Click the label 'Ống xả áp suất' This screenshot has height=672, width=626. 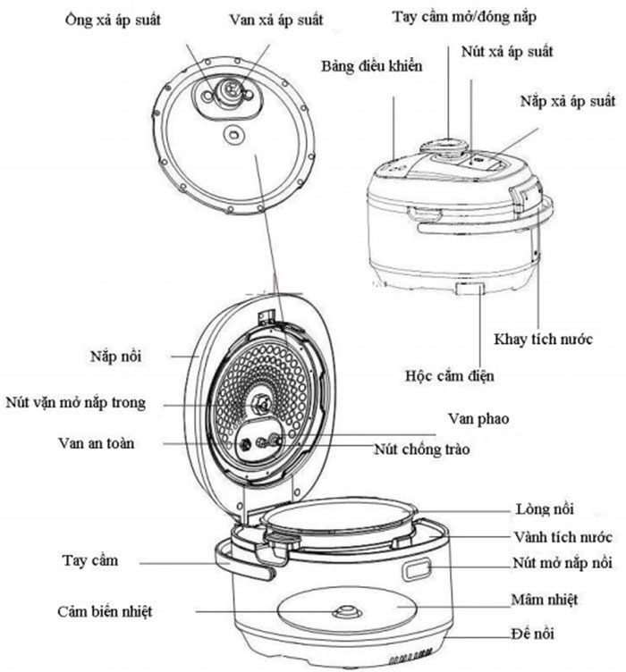coord(113,20)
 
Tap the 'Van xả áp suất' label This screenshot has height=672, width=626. coord(276,20)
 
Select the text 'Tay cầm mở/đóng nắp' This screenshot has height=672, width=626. coord(464,16)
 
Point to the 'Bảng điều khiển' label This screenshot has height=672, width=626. coord(372,65)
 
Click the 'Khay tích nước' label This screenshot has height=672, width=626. coord(543,339)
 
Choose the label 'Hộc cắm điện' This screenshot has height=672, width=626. coord(450,376)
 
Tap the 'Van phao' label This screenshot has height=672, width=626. coord(478,419)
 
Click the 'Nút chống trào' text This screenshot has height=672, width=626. coord(422,449)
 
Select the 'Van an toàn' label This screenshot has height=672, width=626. coord(96,442)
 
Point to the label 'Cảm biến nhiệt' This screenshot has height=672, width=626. coord(105,611)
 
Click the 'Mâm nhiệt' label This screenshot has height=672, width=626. coord(544,599)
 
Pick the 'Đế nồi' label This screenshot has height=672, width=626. coord(532,633)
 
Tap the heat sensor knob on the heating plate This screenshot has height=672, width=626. coord(347,611)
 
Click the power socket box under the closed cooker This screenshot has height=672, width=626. coord(469,289)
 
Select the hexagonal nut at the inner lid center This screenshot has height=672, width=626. coord(261,403)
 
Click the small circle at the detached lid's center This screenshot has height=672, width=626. coord(233,135)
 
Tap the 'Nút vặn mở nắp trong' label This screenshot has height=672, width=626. coord(75,402)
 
